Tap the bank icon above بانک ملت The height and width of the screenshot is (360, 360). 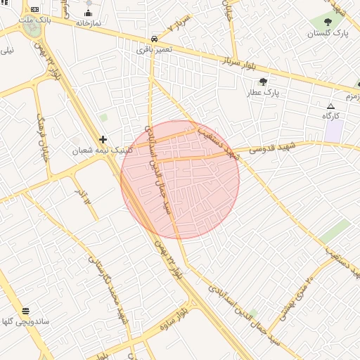(x=35, y=10)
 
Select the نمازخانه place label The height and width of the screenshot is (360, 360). (x=89, y=23)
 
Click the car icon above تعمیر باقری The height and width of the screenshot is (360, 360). (x=153, y=39)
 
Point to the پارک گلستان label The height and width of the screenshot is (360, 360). (x=328, y=33)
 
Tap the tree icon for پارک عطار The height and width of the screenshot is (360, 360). (x=263, y=82)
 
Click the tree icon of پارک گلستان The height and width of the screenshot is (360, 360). (x=327, y=22)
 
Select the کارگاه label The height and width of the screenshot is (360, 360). (x=331, y=115)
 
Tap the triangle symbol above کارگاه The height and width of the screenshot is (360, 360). (x=331, y=105)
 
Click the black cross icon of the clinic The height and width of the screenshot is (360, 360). (x=103, y=140)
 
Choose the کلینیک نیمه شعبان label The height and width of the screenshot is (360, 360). (x=102, y=150)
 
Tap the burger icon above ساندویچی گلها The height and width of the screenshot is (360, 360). (x=25, y=311)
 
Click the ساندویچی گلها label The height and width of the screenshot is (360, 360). (x=25, y=321)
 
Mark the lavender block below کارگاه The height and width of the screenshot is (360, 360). (x=334, y=130)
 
